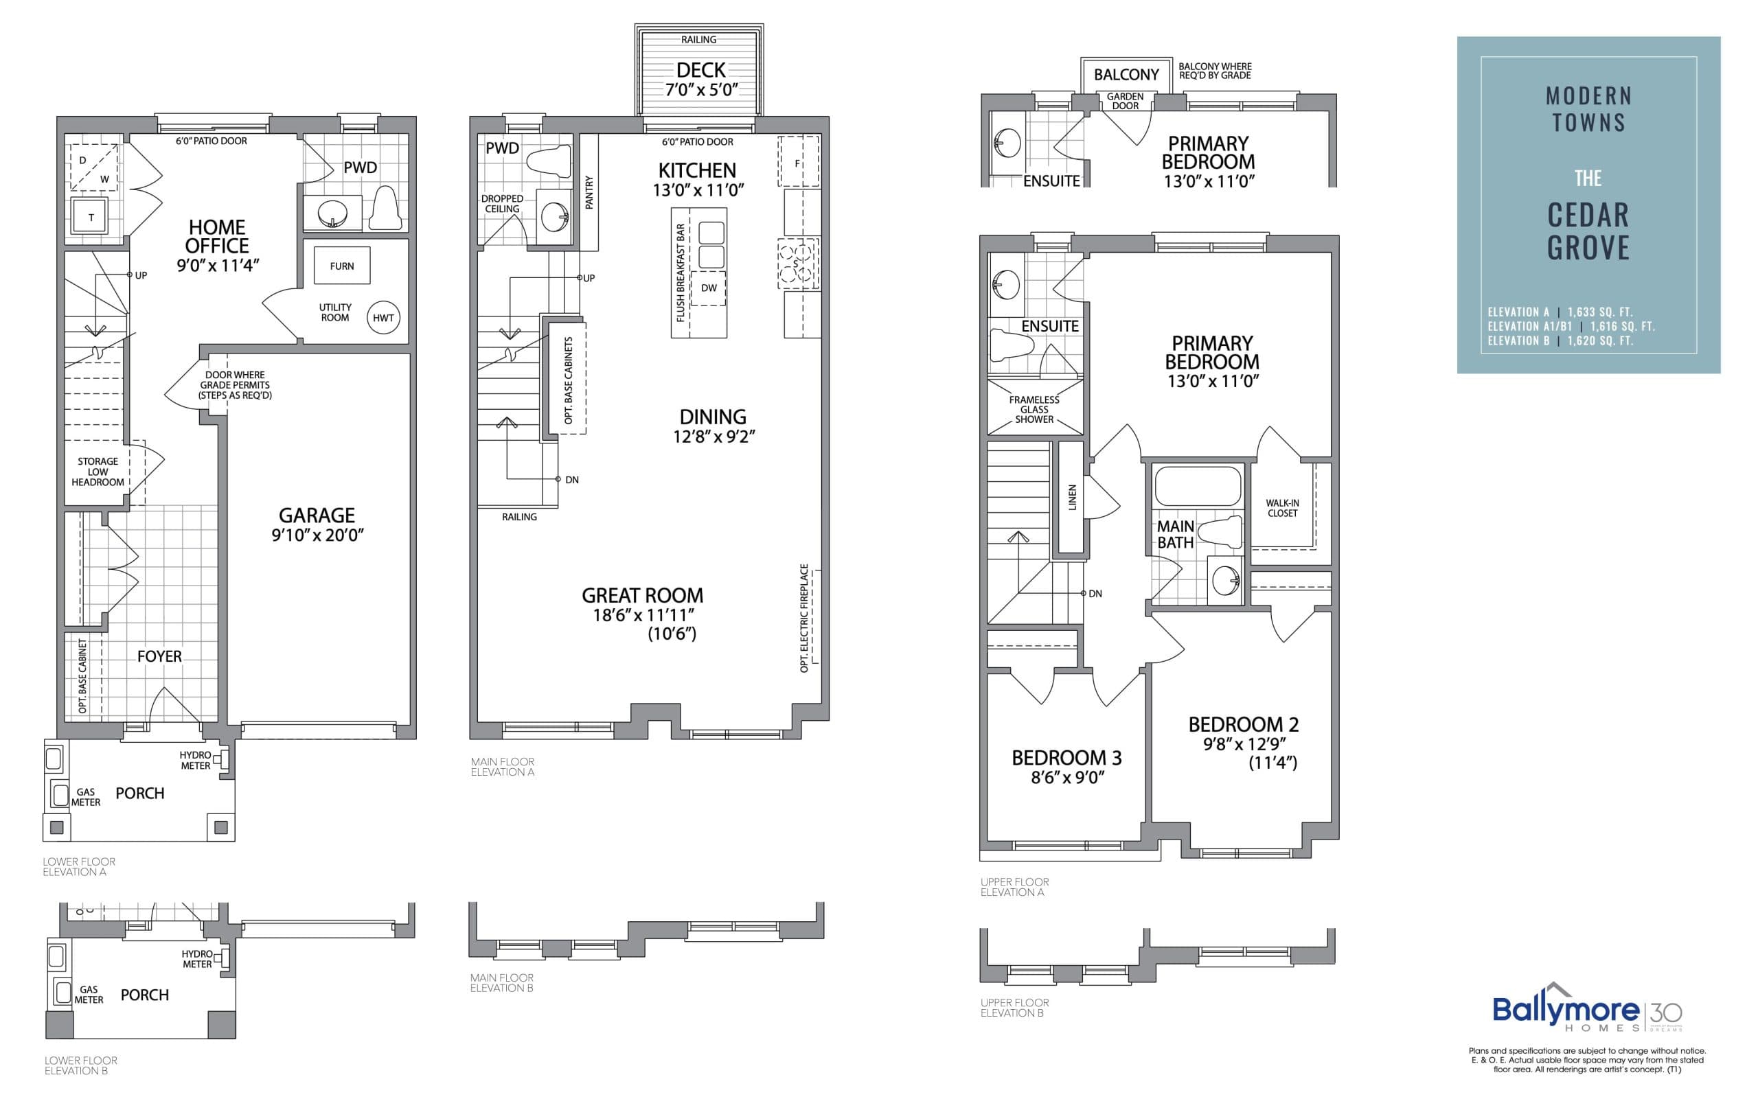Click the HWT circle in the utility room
383,317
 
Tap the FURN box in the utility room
342,266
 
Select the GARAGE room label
317,516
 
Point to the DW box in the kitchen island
709,288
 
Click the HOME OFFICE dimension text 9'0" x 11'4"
218,266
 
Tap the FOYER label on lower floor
159,656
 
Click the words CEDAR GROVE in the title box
1588,231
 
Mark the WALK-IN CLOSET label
1282,508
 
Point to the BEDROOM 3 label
1066,759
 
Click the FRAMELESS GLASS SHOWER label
1034,409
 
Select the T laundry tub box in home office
91,217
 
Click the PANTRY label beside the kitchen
589,192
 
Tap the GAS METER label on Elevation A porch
85,797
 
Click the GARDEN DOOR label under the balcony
1125,101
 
